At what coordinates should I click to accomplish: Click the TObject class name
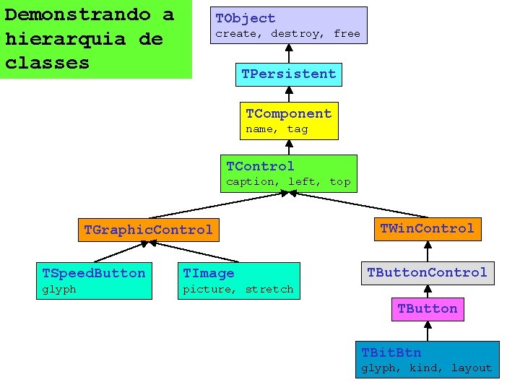click(246, 18)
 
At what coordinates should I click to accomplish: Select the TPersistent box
click(289, 74)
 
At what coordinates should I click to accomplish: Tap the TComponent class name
click(288, 113)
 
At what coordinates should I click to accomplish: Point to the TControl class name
click(260, 166)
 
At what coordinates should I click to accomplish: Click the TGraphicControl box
click(148, 230)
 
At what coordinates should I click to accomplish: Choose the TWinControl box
click(427, 229)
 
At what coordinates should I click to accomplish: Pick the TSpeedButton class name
click(94, 273)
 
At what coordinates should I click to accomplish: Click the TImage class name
click(208, 273)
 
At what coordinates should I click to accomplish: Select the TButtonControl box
click(427, 272)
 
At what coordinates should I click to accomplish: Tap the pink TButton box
click(427, 308)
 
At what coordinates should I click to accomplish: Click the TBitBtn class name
click(391, 352)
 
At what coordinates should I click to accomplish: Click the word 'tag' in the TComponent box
click(298, 129)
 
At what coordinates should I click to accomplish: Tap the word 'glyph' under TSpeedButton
click(59, 290)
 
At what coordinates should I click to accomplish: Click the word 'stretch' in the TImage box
click(269, 290)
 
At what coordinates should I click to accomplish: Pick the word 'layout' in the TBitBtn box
click(472, 368)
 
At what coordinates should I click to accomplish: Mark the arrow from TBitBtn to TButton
click(428, 331)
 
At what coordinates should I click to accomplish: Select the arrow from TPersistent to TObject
click(289, 53)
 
